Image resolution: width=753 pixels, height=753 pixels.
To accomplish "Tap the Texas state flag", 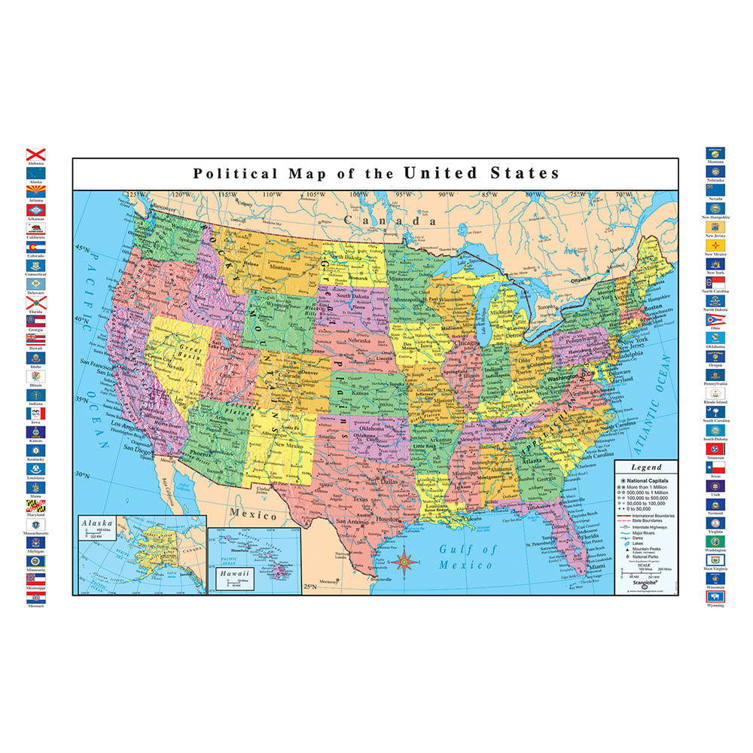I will coord(715,467).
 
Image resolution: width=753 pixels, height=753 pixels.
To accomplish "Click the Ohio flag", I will coord(715,320).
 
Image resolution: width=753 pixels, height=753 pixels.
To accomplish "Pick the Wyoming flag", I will coord(715,596).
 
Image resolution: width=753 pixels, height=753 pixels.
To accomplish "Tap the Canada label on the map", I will coord(390,221).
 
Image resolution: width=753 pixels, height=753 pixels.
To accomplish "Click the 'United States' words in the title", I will coord(481,173).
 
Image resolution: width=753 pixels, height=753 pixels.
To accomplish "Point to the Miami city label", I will coord(597,566).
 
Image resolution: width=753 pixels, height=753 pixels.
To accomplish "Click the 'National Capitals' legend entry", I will coord(646,480).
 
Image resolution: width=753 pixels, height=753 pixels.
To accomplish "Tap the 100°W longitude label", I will coord(359,196).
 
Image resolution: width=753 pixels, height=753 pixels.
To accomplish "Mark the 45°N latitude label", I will coord(81,248).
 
